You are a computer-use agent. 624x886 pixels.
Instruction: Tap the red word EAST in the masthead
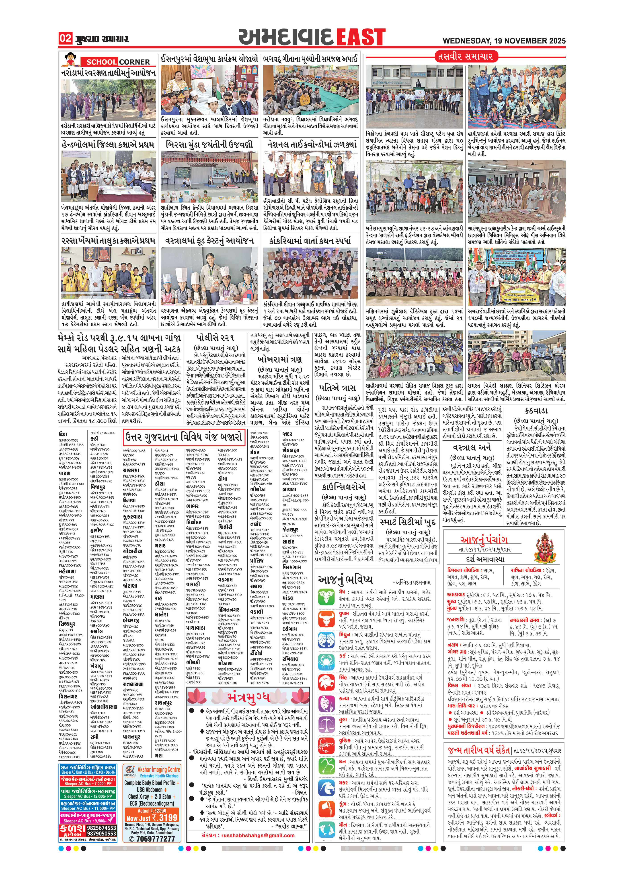click(x=361, y=37)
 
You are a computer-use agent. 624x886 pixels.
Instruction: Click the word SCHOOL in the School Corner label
click(x=101, y=62)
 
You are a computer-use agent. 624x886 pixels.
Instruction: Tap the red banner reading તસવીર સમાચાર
click(x=465, y=56)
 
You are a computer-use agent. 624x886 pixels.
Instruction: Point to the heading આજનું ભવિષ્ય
click(x=345, y=579)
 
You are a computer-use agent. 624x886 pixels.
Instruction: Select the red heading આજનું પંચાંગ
click(x=484, y=540)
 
